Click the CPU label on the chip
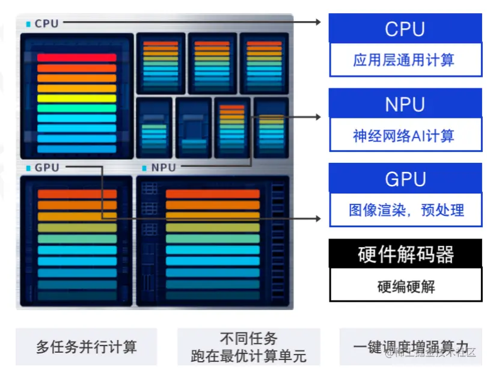pyautogui.click(x=46, y=23)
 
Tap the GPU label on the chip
pyautogui.click(x=47, y=168)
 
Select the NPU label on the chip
pyautogui.click(x=164, y=168)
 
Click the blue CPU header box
pyautogui.click(x=405, y=29)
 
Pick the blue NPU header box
pyautogui.click(x=405, y=105)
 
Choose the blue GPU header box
pyautogui.click(x=405, y=179)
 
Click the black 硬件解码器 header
pyautogui.click(x=405, y=254)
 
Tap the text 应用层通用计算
pyautogui.click(x=404, y=61)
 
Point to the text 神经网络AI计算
pyautogui.click(x=404, y=136)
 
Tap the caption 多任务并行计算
pyautogui.click(x=86, y=347)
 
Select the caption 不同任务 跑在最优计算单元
pyautogui.click(x=248, y=347)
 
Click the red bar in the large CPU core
pyautogui.click(x=76, y=58)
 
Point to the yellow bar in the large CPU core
pyautogui.click(x=76, y=98)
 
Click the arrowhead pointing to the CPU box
pyautogui.click(x=320, y=22)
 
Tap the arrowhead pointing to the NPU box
pyautogui.click(x=320, y=117)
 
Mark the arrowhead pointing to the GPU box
pyautogui.click(x=320, y=218)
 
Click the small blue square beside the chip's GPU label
pyautogui.click(x=28, y=168)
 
